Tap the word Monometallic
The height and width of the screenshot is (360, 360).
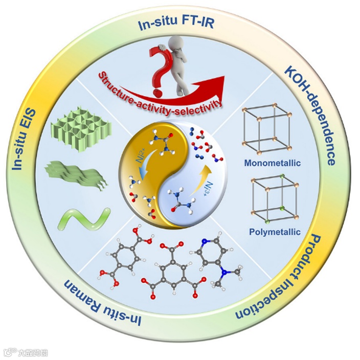coord(272,164)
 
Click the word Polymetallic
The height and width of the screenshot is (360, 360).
coord(273,233)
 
